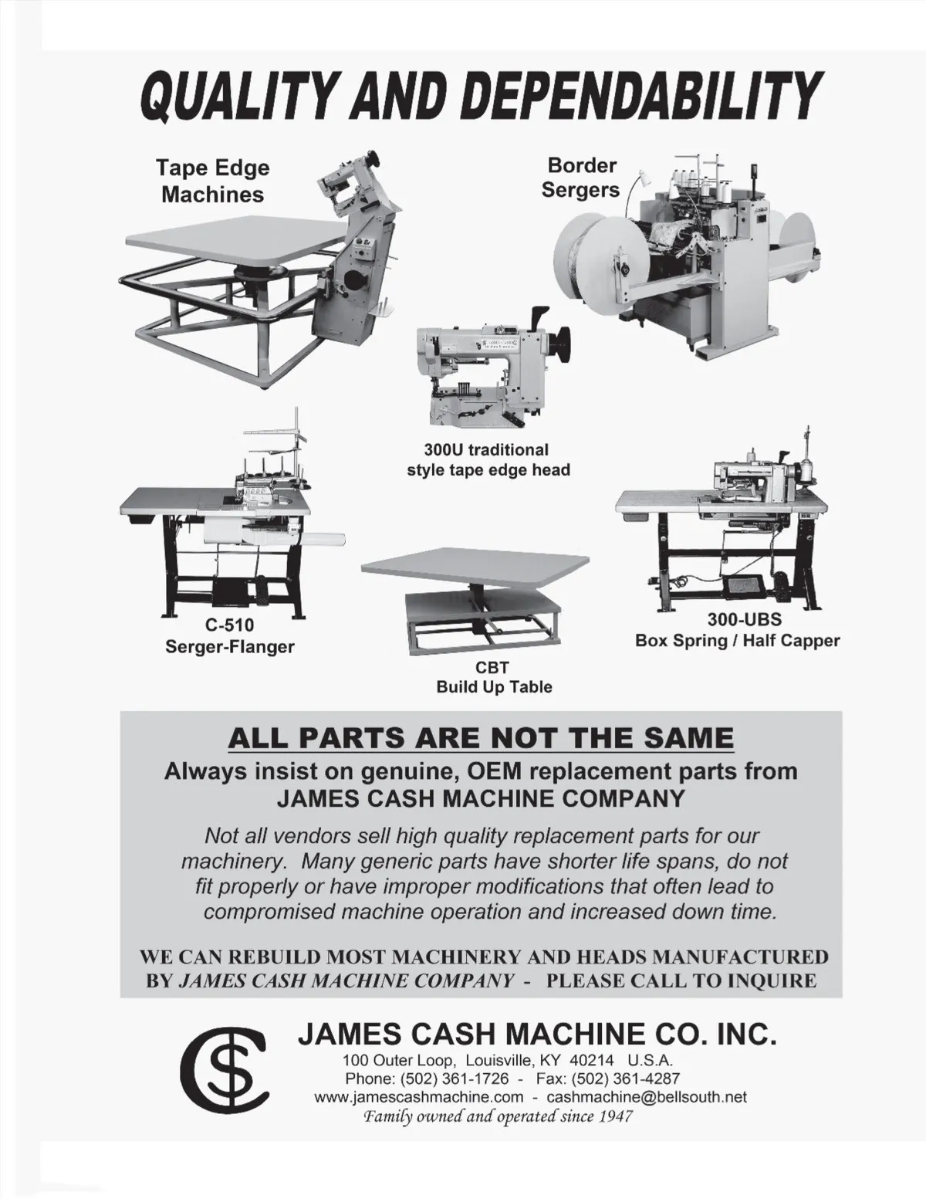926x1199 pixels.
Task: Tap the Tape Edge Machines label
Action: (x=213, y=181)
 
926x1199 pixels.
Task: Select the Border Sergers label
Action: (x=581, y=177)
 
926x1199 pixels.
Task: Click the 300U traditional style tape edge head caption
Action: (x=488, y=459)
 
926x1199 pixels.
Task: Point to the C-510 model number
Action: (x=229, y=625)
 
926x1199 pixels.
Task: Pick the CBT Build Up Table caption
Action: (x=494, y=677)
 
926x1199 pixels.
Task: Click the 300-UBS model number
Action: (x=745, y=619)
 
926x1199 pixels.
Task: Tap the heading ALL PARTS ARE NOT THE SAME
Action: (x=481, y=738)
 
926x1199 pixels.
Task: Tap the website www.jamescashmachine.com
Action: (x=418, y=1096)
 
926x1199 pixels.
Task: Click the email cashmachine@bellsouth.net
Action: (x=647, y=1096)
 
